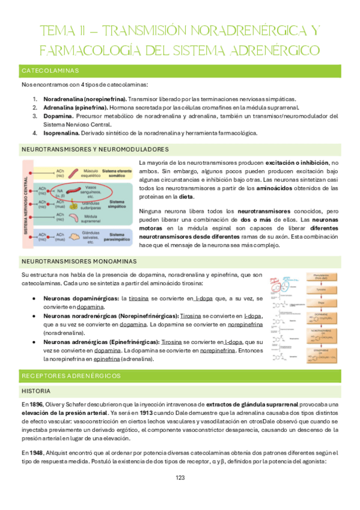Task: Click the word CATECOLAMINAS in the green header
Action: tap(50, 71)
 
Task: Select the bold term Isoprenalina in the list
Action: tap(58, 133)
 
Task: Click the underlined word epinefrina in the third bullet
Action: tap(107, 359)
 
